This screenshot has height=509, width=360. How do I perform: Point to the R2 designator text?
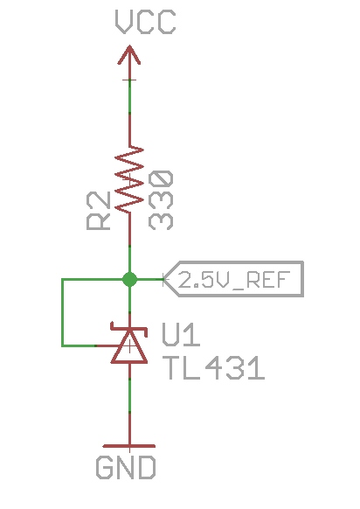click(x=100, y=212)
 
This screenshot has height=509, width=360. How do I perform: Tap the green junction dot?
click(x=129, y=280)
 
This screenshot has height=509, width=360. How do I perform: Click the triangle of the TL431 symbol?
click(x=129, y=349)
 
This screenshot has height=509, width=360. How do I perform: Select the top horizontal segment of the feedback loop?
click(x=94, y=280)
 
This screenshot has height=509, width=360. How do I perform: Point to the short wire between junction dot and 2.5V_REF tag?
click(x=149, y=280)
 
